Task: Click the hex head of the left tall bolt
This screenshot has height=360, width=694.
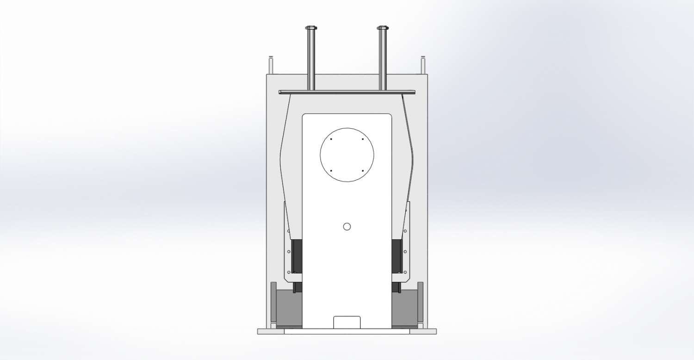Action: point(311,28)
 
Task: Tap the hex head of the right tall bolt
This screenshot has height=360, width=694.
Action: point(383,28)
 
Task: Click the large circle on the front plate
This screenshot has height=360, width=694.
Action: point(347,155)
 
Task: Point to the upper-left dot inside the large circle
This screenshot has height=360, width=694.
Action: point(331,139)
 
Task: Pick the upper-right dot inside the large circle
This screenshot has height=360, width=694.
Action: point(363,139)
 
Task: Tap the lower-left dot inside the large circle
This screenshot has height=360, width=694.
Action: point(331,171)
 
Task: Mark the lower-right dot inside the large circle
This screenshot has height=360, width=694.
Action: point(363,171)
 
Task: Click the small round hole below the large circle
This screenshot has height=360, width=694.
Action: point(347,226)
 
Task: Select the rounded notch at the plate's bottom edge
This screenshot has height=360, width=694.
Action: point(347,322)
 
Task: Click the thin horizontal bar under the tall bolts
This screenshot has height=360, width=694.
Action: point(347,92)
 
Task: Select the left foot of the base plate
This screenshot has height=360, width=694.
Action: point(270,331)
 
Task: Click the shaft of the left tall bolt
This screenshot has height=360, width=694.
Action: point(311,60)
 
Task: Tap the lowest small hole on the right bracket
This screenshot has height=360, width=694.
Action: point(405,272)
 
